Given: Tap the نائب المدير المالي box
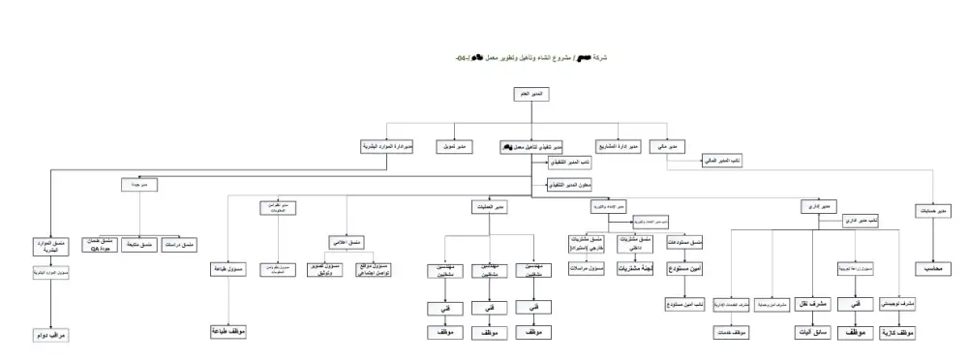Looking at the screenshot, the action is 721,162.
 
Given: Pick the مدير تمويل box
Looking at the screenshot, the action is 454,146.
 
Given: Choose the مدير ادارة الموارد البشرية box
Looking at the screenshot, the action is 388,146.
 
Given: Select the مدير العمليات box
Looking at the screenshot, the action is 492,206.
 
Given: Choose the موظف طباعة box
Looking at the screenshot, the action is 225,331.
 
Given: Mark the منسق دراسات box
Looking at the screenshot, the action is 183,243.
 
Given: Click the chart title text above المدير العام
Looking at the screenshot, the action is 527,59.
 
